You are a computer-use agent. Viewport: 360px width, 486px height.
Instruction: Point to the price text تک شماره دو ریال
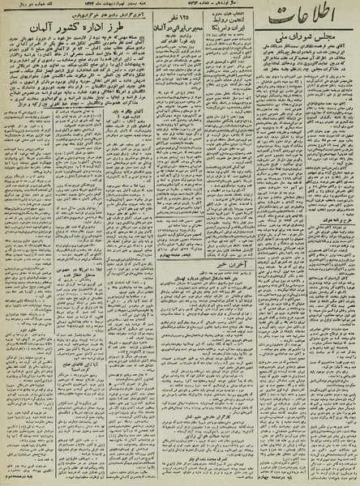(24, 6)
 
